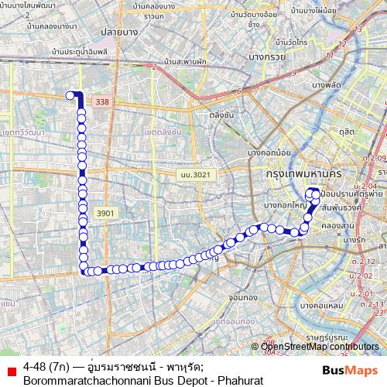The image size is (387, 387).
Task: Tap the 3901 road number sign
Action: [x=105, y=212]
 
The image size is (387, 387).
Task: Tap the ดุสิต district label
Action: [x=346, y=132]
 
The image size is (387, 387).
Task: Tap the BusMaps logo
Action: [x=351, y=369]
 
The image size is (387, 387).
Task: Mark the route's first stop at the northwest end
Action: [x=70, y=95]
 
